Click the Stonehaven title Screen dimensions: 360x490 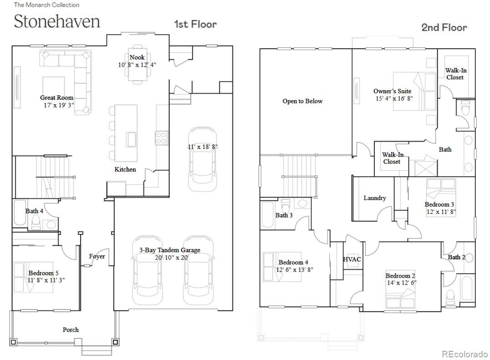[57, 22]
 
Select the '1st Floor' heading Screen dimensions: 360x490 [195, 24]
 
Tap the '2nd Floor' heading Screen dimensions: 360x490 [444, 27]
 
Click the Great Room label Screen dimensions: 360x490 [56, 97]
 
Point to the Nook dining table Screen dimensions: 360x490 [137, 66]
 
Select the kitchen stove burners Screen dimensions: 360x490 [161, 137]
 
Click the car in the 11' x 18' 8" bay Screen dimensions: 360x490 [202, 159]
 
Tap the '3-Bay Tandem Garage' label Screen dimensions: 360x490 [169, 250]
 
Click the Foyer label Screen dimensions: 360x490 [97, 256]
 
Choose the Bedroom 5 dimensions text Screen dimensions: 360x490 [46, 280]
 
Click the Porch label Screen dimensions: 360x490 [71, 330]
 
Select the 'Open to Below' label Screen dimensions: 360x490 [302, 101]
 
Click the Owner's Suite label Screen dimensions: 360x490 [392, 91]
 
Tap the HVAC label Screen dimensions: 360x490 [352, 259]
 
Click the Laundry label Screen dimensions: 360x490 [374, 198]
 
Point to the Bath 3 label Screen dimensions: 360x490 [284, 215]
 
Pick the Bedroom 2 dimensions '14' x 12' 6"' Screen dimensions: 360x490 [401, 283]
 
